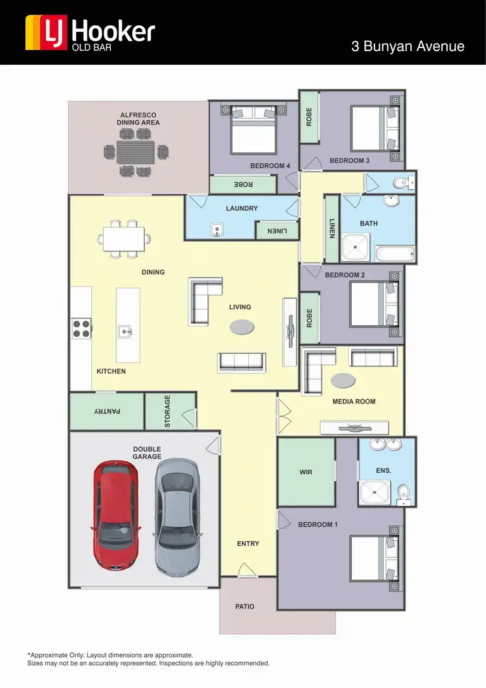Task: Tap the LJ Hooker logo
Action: (x=90, y=33)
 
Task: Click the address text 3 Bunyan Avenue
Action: (x=408, y=46)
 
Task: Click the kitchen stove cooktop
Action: (x=81, y=329)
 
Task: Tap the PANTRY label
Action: (x=108, y=411)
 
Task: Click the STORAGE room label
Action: (x=167, y=411)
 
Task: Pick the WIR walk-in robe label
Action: (x=306, y=472)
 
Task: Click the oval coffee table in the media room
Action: (x=343, y=380)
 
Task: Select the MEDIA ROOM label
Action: (x=354, y=402)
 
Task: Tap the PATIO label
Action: (x=244, y=606)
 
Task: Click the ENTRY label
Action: (x=248, y=544)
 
